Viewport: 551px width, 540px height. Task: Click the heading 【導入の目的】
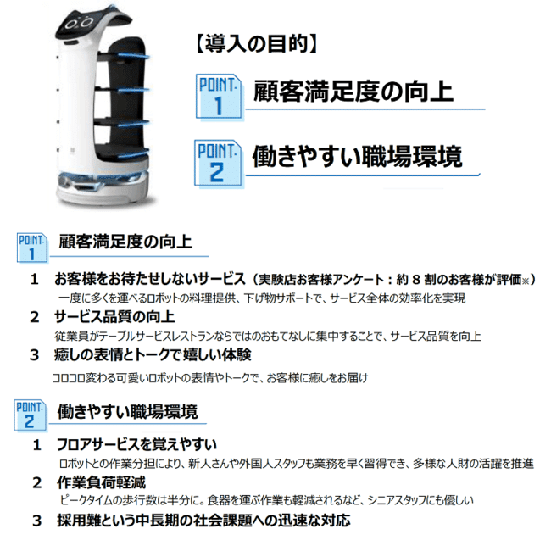pos(256,44)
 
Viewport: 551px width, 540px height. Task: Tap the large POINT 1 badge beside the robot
pos(220,97)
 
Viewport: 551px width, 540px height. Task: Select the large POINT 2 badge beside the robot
pos(219,164)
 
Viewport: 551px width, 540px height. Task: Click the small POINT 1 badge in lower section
pos(32,248)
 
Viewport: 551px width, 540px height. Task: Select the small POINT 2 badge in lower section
pos(30,415)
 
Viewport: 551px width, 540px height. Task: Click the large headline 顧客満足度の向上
pos(353,92)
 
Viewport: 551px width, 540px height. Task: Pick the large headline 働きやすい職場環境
pos(357,156)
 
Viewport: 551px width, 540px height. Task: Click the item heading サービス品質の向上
pos(114,317)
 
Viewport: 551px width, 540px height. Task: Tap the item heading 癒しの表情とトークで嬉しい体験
pos(153,355)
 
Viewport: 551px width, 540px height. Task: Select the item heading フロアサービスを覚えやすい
pos(136,445)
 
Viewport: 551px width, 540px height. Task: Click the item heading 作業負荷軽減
pos(101,482)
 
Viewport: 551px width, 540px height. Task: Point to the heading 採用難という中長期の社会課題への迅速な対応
pos(203,521)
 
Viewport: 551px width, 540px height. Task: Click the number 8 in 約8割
pos(415,280)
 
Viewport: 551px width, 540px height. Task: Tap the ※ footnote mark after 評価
pos(525,281)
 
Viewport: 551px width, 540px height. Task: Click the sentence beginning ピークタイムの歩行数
pos(266,500)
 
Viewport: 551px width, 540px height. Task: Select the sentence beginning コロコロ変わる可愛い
pos(209,378)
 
